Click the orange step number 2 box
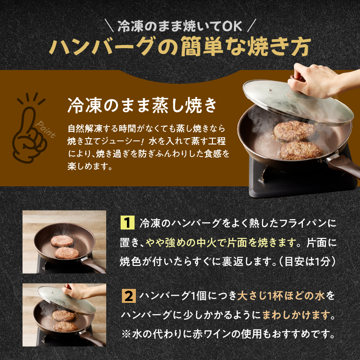coord(129,296)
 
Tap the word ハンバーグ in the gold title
coord(101,46)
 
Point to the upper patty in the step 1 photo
coord(62,240)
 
